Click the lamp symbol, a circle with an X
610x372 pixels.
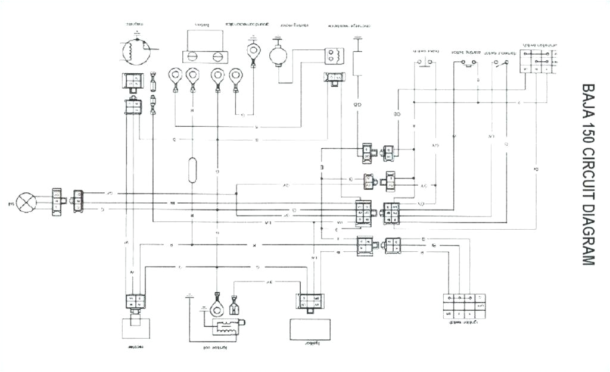click(x=26, y=202)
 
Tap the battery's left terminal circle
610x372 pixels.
click(x=192, y=57)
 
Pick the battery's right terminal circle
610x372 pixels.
click(x=218, y=57)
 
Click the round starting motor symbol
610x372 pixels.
click(x=278, y=55)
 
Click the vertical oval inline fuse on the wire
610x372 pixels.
click(x=192, y=170)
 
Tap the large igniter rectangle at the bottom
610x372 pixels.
click(x=310, y=329)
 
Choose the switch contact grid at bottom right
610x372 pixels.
click(x=464, y=306)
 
